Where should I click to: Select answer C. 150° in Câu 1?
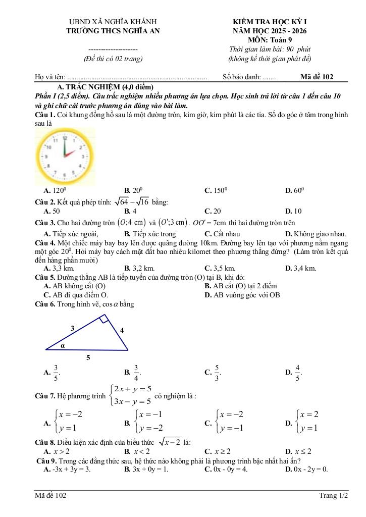coord(216,190)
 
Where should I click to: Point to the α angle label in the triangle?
coord(63,346)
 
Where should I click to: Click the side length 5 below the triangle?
coord(88,358)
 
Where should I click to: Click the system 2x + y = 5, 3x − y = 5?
coord(130,395)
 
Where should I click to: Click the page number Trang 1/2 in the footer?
coord(333,496)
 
